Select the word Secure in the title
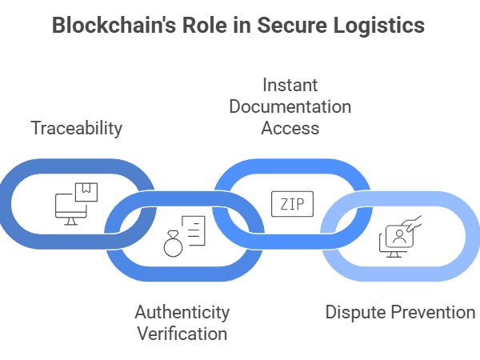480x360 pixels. point(297,25)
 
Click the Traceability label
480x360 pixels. point(77,127)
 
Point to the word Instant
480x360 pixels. point(290,85)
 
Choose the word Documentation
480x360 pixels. point(290,106)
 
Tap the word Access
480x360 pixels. point(290,127)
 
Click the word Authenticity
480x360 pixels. point(182,312)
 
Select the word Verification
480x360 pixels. point(182,333)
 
